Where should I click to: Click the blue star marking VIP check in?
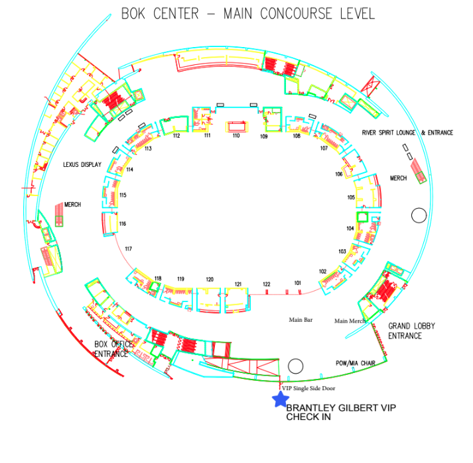point(281,399)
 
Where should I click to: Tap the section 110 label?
point(236,136)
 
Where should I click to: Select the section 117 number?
point(129,249)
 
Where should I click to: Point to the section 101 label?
point(298,283)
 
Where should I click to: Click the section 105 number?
point(351,197)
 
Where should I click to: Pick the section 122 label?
point(267,284)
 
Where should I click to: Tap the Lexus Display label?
point(82,164)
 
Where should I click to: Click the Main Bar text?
point(301,320)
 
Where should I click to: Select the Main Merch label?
point(350,321)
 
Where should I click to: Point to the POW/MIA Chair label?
point(356,363)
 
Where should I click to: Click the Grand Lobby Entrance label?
point(411,331)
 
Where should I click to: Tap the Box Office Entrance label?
point(113,349)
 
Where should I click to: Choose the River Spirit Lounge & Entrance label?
point(407,132)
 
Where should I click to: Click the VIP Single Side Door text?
point(308,388)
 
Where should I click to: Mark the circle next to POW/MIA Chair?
point(296,366)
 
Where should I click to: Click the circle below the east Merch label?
point(419,215)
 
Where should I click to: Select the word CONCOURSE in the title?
point(296,14)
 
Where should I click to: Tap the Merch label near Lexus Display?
point(73,205)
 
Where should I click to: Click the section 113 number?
point(148,148)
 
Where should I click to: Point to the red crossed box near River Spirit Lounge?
point(370,86)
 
